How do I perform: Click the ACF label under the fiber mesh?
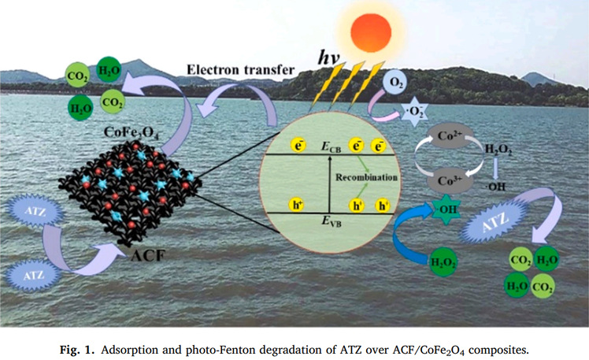[143, 254]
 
